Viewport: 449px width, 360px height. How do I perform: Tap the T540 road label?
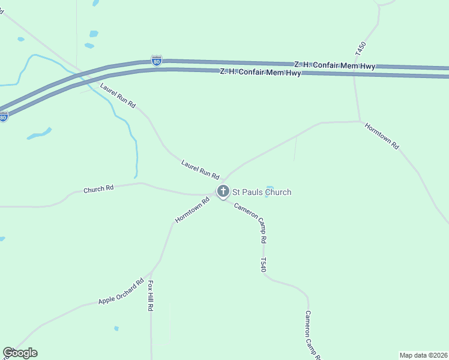click(263, 265)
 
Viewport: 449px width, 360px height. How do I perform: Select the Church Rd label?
click(98, 189)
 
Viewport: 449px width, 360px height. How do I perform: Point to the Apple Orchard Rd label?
click(121, 292)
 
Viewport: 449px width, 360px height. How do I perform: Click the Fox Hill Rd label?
click(151, 295)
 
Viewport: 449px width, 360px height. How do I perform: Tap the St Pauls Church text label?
click(262, 192)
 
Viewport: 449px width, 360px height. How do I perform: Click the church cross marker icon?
click(223, 192)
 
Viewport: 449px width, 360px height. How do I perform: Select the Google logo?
click(20, 353)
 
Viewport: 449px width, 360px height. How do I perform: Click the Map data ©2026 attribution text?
click(423, 355)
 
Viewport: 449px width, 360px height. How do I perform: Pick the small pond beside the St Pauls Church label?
click(270, 187)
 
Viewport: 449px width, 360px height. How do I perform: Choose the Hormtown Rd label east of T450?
click(382, 136)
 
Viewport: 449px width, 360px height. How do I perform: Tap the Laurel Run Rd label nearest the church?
click(200, 169)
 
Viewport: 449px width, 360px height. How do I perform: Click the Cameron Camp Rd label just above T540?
click(250, 222)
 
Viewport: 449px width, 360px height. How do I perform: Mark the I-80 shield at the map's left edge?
click(4, 117)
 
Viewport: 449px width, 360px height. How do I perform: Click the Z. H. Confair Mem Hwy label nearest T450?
click(334, 65)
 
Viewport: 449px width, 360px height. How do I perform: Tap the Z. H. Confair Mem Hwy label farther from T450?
click(260, 73)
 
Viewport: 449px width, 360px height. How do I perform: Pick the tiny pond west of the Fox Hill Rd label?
click(116, 328)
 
